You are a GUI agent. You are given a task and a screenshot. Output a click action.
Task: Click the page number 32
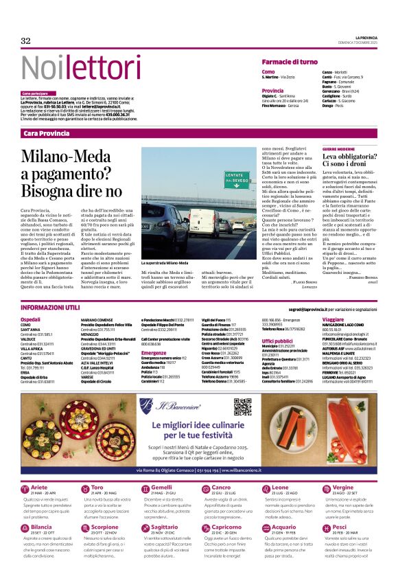pos(26,41)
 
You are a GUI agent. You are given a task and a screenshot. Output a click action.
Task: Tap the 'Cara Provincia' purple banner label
pos(46,133)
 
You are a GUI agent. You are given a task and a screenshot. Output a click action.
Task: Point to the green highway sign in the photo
pos(237,180)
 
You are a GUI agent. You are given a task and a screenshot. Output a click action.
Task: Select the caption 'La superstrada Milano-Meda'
pos(164,262)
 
